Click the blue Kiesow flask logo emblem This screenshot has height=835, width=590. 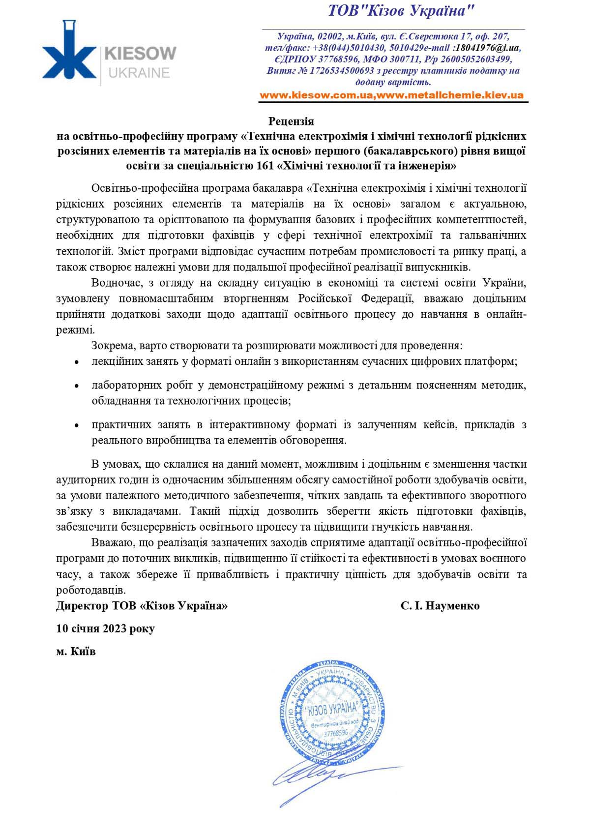pos(69,53)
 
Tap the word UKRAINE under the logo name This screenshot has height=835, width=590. pos(138,73)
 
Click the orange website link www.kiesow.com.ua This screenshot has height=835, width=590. pos(315,95)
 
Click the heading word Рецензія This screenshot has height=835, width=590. pos(291,121)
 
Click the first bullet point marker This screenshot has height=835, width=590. pos(76,362)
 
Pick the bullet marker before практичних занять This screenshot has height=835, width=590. pos(76,425)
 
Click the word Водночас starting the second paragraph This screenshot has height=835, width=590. pos(117,283)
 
